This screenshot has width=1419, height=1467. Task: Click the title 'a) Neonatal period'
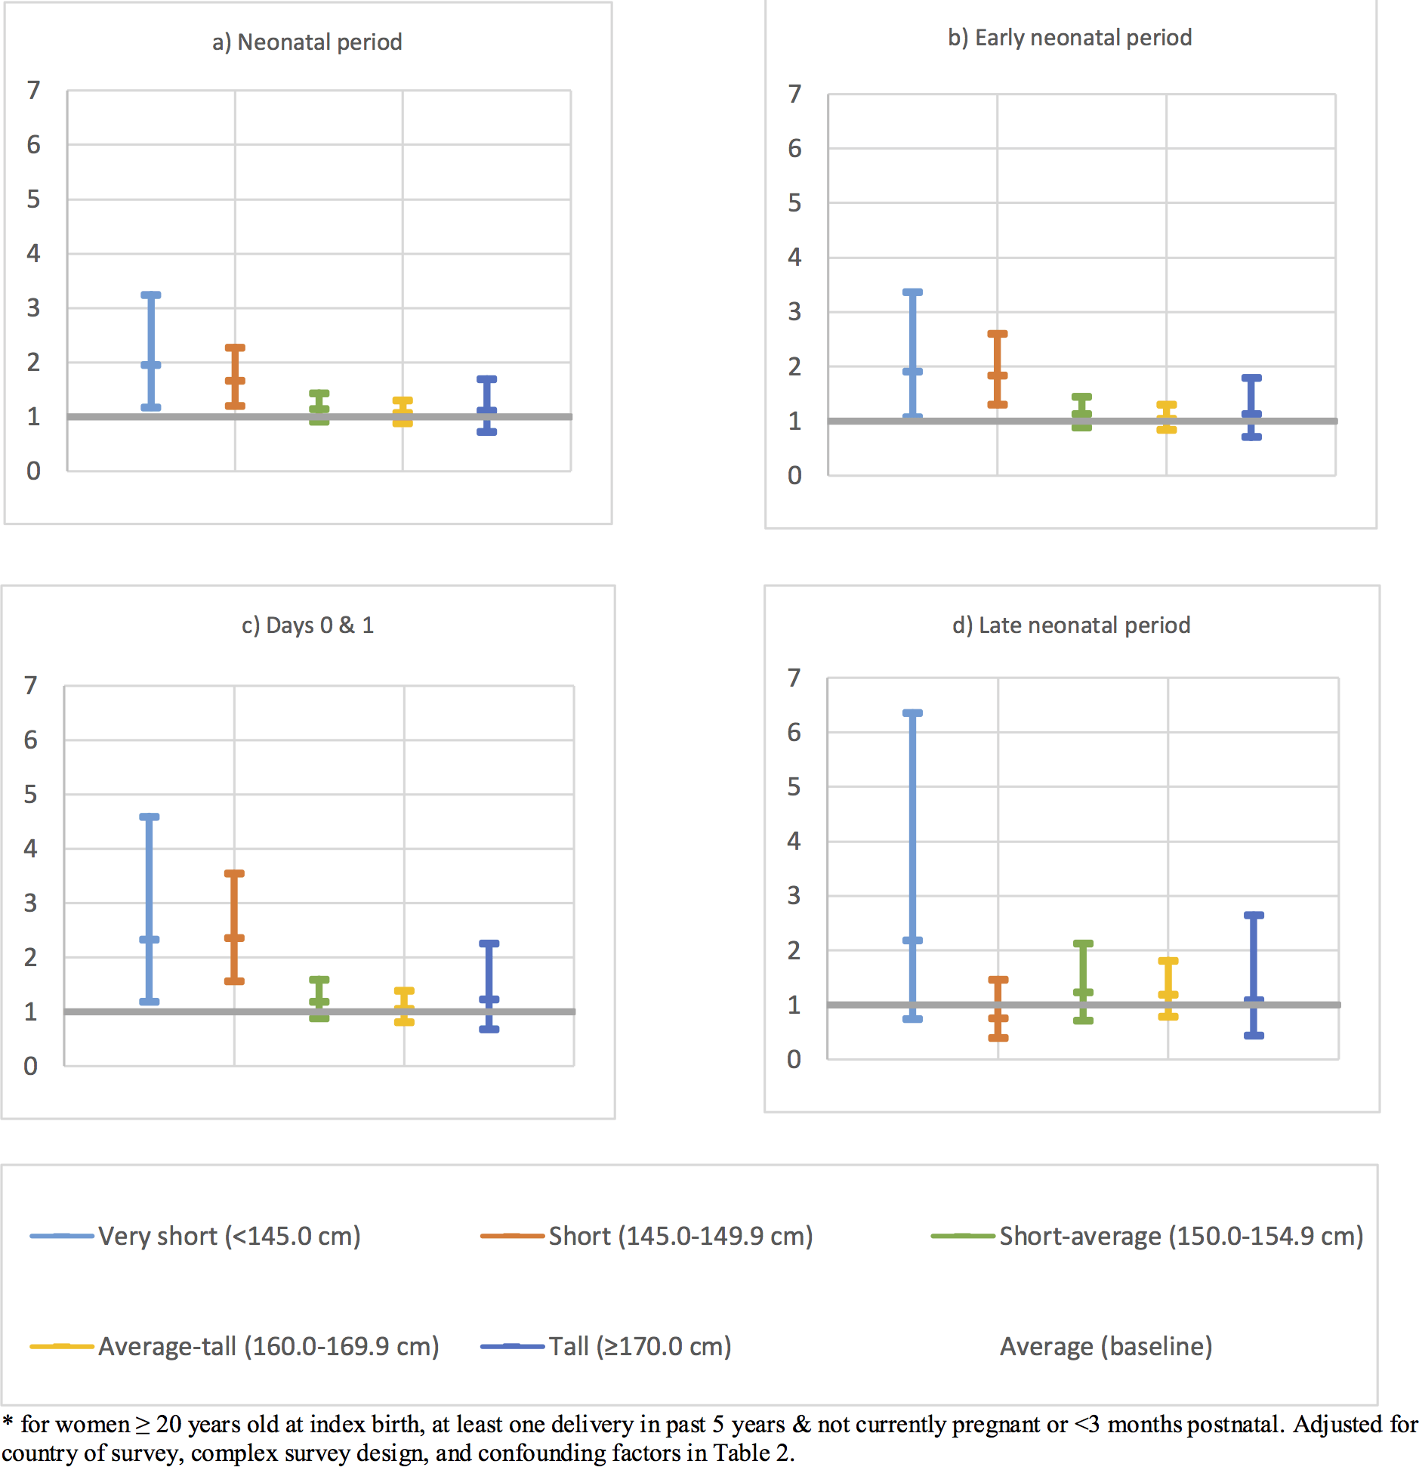tap(307, 42)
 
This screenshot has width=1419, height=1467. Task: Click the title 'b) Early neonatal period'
tap(1069, 38)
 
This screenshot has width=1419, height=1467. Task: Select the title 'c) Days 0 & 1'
tap(307, 625)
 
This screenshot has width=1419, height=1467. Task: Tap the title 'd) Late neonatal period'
tap(1071, 625)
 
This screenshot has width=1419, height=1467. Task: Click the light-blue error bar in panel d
tap(912, 866)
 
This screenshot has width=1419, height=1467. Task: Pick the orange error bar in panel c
tap(234, 927)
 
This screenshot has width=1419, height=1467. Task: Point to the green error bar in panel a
tap(319, 407)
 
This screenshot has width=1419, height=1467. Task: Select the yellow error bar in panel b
tap(1167, 417)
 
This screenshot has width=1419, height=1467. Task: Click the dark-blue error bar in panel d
tap(1254, 974)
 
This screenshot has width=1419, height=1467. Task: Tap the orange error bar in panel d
tap(998, 1008)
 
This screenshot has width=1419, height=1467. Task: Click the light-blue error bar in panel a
tap(151, 351)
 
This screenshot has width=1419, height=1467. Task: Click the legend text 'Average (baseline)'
tap(1106, 1346)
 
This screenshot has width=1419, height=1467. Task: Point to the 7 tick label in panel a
tap(33, 91)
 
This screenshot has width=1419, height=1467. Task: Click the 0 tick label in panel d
tap(794, 1059)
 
